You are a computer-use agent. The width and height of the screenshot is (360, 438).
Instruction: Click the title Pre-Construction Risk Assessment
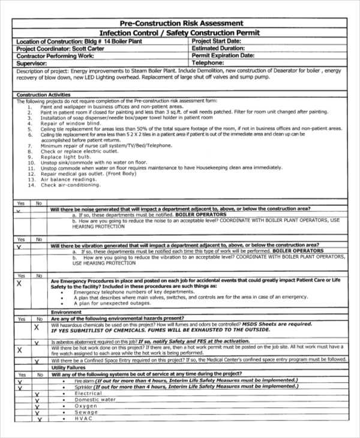coord(181,23)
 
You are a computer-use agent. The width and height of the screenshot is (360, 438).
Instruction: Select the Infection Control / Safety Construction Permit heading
coord(181,33)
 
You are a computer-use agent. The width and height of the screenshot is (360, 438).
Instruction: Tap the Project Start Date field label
coord(217,41)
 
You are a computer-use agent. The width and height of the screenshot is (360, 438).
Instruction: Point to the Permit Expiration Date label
coord(223,55)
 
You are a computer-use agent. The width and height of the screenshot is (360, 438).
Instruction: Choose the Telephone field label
coord(208,62)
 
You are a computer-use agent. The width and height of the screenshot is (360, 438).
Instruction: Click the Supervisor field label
coord(32,62)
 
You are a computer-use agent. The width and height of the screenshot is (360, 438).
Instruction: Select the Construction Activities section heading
coord(43,95)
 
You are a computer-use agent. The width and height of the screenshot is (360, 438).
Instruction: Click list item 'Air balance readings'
coord(68,179)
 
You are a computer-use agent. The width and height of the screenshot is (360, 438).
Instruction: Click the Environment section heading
coord(66,312)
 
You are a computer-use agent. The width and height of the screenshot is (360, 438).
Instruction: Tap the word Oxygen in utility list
coord(86,406)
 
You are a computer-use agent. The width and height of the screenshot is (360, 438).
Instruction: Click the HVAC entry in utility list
coord(83,419)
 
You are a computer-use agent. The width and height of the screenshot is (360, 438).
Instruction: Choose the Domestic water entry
coord(95,400)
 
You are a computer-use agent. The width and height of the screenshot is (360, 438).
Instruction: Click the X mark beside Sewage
coord(37,413)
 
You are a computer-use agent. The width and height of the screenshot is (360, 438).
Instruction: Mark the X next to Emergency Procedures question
coord(19,283)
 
